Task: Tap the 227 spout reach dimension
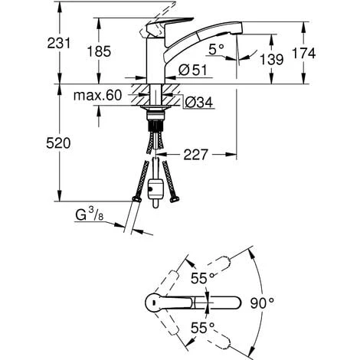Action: coord(195,154)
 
